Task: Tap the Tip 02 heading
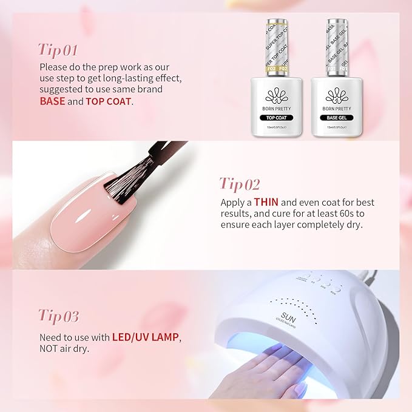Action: (x=240, y=184)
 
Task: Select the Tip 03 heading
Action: (x=59, y=316)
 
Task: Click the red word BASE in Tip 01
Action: (x=52, y=101)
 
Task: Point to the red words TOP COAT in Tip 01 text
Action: (x=109, y=101)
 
